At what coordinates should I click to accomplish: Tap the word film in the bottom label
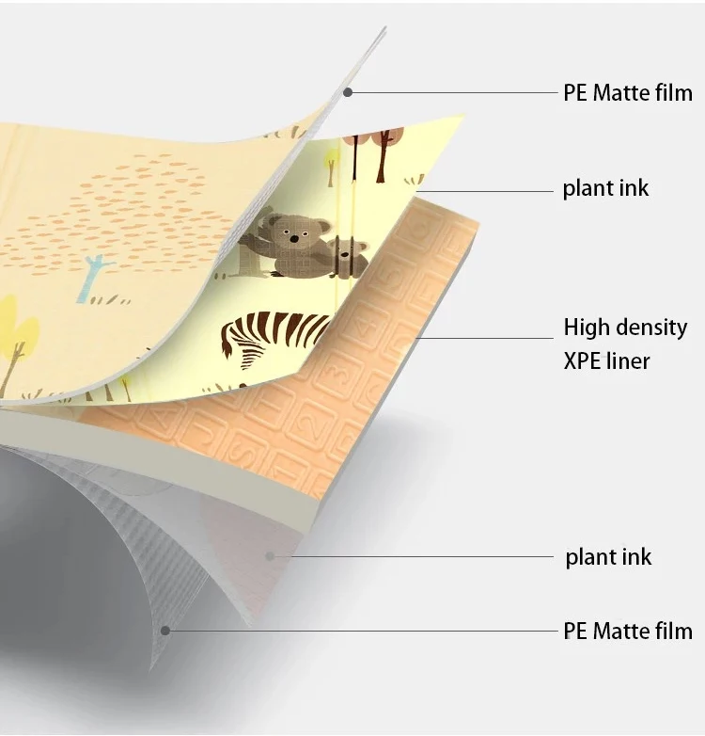click(675, 631)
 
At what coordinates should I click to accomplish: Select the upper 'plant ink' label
click(605, 189)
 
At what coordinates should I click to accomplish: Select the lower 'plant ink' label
click(608, 556)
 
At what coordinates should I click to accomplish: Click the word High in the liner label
click(586, 328)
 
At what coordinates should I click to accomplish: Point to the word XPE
click(582, 360)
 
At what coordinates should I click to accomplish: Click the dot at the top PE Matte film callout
click(347, 91)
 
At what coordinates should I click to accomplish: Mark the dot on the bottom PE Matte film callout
click(165, 630)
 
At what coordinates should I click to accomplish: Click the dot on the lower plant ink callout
click(271, 556)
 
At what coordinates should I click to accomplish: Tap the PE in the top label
click(575, 92)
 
